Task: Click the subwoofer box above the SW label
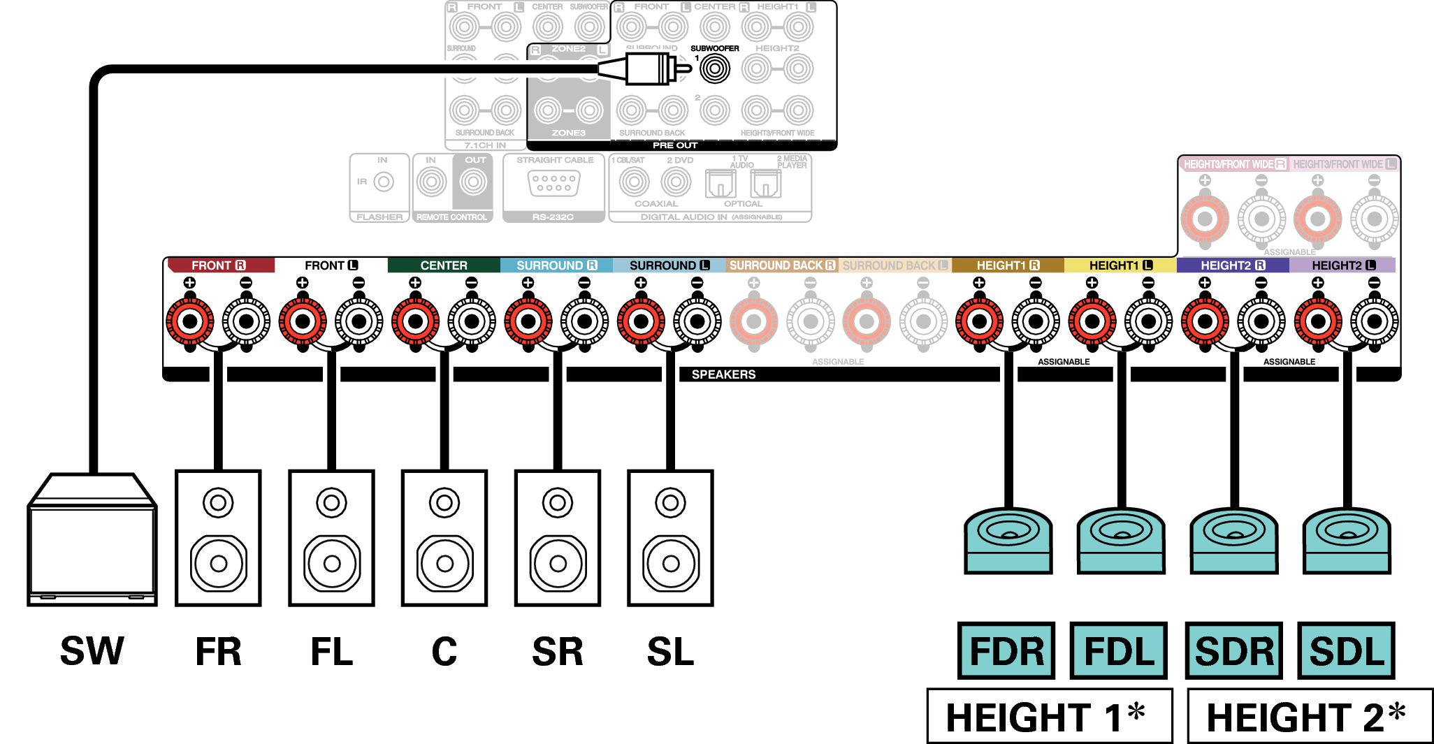coord(92,541)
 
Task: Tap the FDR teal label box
coord(1006,650)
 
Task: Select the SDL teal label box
coord(1346,650)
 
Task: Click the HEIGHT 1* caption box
coord(1048,717)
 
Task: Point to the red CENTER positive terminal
coord(415,322)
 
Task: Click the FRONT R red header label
coord(219,265)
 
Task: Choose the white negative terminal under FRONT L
coord(359,322)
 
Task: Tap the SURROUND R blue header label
coord(556,265)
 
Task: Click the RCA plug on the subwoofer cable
coord(646,68)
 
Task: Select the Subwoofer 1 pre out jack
coord(714,68)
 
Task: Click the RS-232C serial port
coord(553,184)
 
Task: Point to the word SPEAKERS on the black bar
coord(723,374)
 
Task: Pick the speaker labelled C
coord(444,538)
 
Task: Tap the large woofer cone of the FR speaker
coord(219,563)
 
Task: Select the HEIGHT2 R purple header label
coord(1233,265)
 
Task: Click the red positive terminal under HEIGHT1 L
coord(1092,322)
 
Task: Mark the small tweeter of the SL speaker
coord(670,502)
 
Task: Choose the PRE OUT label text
coord(675,145)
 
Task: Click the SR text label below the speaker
coord(557,651)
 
